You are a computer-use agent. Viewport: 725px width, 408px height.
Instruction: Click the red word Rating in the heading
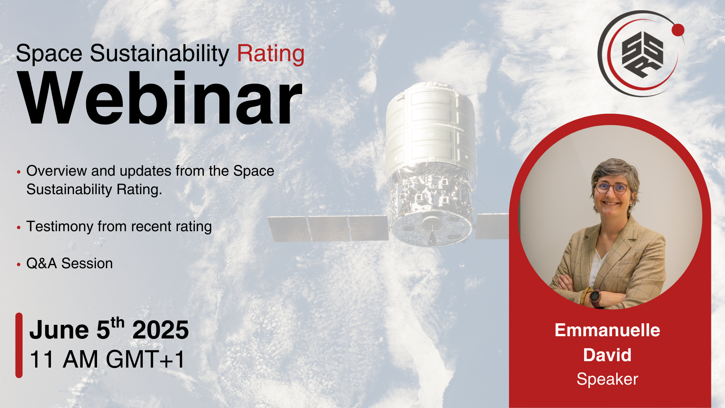click(x=271, y=54)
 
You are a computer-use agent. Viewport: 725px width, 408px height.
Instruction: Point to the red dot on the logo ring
click(x=678, y=30)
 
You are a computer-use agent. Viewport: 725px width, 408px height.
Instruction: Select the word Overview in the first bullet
click(x=57, y=171)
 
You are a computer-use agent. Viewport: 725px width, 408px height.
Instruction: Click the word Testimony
click(x=60, y=227)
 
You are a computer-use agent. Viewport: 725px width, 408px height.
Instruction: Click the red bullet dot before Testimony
click(x=19, y=227)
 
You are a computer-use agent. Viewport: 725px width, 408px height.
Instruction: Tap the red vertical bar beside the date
click(x=19, y=345)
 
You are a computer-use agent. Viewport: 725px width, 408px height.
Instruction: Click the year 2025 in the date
click(x=160, y=330)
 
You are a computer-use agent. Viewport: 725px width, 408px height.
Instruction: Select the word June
click(x=59, y=330)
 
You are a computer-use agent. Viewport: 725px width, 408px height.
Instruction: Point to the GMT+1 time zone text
click(x=145, y=359)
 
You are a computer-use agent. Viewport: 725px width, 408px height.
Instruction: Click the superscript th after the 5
click(x=117, y=323)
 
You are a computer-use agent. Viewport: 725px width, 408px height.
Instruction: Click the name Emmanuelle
click(x=607, y=330)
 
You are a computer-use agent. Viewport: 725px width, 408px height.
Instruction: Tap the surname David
click(x=607, y=355)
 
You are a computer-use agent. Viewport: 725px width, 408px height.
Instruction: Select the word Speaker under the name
click(x=607, y=379)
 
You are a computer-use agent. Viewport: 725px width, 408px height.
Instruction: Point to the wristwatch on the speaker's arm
click(x=595, y=296)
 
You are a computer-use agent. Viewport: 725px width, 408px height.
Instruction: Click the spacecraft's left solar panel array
click(x=328, y=228)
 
